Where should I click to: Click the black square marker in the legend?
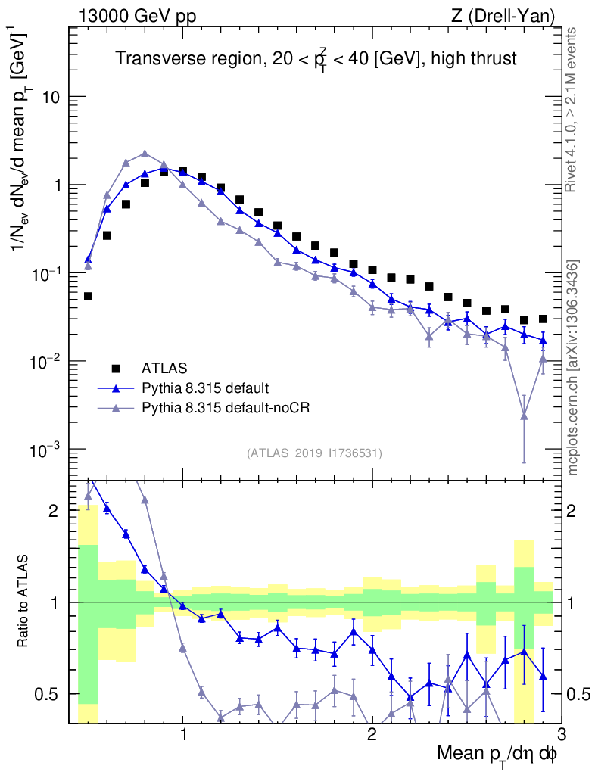point(116,369)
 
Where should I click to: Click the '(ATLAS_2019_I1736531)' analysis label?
point(314,453)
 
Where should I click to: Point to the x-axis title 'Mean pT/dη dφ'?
point(497,754)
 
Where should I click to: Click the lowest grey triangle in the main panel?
point(524,416)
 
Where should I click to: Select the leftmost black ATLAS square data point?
point(88,296)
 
